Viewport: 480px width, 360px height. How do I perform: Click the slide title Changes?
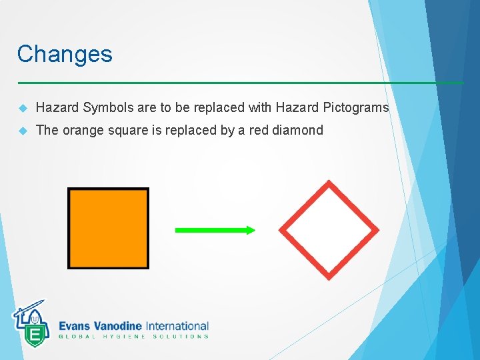(x=65, y=54)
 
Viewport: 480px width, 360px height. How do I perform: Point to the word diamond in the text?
(x=298, y=131)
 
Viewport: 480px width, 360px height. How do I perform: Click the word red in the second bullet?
(x=259, y=131)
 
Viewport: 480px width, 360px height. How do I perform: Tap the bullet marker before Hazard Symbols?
(x=22, y=108)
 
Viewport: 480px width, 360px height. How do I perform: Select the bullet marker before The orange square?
(x=22, y=131)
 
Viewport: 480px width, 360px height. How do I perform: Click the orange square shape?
(x=108, y=228)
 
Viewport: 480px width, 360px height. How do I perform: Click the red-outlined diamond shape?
(x=328, y=230)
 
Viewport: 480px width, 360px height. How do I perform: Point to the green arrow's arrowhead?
(x=249, y=230)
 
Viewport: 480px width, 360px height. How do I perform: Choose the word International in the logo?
(x=177, y=326)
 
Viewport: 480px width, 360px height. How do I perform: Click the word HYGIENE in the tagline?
(x=124, y=337)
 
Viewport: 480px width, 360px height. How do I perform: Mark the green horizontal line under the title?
(x=240, y=83)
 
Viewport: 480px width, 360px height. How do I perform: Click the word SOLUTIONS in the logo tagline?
(x=181, y=337)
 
